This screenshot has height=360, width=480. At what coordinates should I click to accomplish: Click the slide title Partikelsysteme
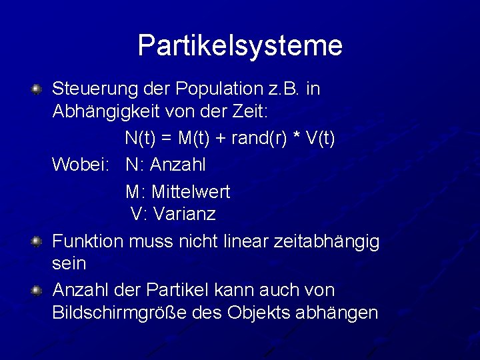(x=240, y=45)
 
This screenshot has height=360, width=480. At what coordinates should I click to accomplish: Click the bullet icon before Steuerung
(x=38, y=89)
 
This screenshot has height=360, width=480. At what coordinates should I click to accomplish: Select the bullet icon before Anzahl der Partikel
(x=38, y=290)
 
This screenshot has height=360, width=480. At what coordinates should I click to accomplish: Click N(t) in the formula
(x=139, y=139)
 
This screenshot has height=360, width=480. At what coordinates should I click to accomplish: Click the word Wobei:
(x=78, y=164)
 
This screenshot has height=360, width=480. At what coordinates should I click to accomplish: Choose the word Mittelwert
(x=191, y=192)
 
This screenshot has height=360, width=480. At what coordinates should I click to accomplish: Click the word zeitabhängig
(x=327, y=241)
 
